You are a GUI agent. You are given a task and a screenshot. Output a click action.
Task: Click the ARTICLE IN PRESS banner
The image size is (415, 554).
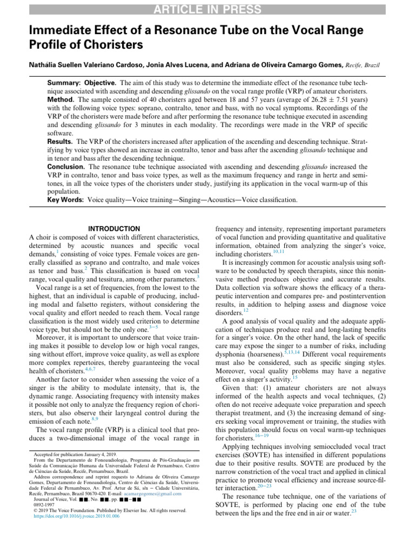coord(207,9)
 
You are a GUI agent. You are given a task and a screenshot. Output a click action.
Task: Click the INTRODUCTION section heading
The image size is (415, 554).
coord(113,229)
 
